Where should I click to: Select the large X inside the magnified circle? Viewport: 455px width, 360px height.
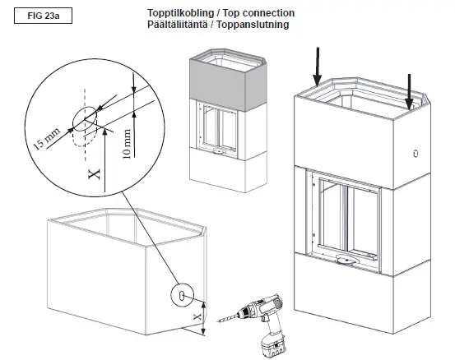point(93,171)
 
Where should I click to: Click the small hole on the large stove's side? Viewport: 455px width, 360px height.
point(416,154)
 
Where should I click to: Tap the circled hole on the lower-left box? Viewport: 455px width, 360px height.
point(183,293)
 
